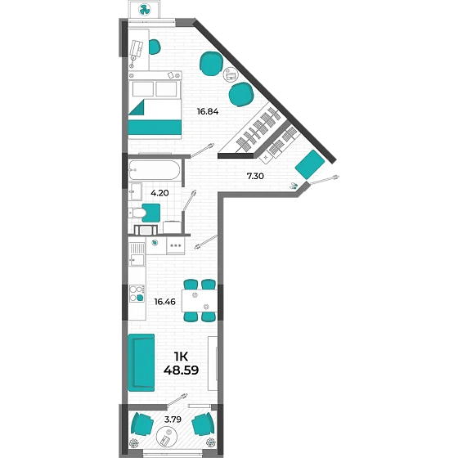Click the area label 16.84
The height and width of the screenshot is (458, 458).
[208, 111]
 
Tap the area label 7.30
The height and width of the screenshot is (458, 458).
[255, 176]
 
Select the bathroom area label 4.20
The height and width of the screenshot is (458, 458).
[159, 193]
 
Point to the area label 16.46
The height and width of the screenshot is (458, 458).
[164, 302]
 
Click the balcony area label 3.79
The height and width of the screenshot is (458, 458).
[173, 420]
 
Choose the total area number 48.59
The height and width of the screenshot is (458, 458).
[181, 370]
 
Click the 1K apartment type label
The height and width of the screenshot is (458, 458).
[181, 357]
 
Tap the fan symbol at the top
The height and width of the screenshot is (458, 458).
[144, 10]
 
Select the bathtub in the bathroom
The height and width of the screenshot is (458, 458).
[155, 170]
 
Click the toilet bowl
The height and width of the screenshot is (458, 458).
[138, 213]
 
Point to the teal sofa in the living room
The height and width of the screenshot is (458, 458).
[141, 362]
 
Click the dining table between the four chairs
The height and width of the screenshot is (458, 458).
[200, 301]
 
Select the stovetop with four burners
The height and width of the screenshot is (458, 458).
[137, 294]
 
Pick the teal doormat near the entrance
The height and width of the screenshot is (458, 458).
[310, 164]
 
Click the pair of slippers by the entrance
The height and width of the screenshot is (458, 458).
[294, 186]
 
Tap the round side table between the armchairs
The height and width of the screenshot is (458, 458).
[231, 74]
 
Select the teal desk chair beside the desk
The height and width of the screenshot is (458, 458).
[155, 47]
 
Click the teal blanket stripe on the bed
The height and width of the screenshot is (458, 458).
[155, 128]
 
